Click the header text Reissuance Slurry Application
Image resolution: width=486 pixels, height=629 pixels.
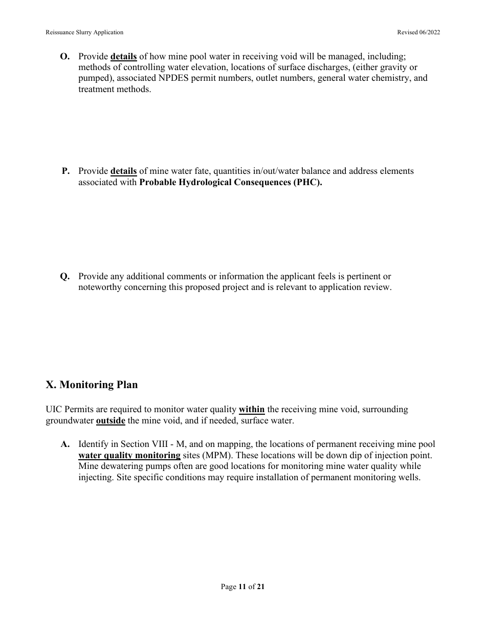coord(84,32)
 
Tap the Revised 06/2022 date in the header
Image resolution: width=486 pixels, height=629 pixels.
coord(418,32)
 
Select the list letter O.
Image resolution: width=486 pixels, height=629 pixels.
coord(65,56)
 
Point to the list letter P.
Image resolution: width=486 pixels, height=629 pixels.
coord(66,171)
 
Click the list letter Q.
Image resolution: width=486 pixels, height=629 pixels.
coord(65,276)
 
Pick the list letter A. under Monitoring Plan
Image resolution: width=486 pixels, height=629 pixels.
coord(65,444)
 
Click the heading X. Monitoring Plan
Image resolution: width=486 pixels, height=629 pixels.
coord(92,385)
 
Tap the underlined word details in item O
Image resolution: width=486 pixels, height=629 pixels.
coord(123,56)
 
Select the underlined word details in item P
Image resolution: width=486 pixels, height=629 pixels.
coord(123,171)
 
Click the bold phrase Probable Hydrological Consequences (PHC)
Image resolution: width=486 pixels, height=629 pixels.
coord(231,182)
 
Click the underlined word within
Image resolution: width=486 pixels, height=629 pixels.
coord(252,410)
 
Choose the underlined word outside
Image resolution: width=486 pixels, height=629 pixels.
coord(111,420)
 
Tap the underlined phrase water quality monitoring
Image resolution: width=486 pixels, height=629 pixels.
coord(129,455)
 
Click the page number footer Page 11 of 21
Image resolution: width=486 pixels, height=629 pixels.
coord(242,587)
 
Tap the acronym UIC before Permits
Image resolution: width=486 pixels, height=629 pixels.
coord(54,410)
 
